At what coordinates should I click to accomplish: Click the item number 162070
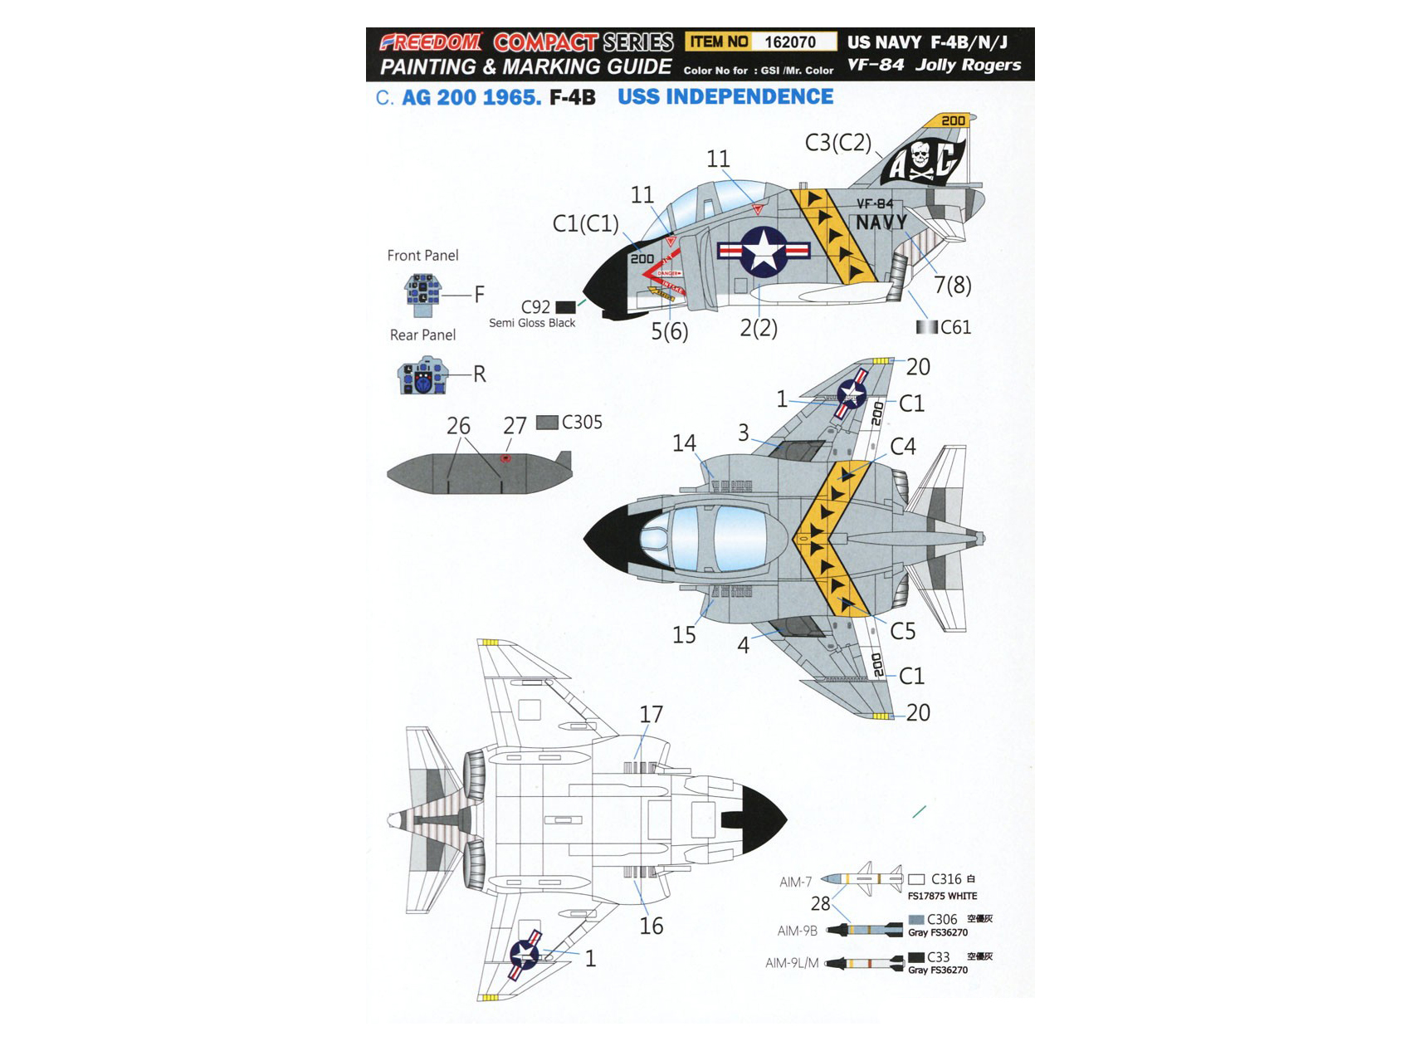(x=789, y=42)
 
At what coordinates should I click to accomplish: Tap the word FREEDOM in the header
(x=431, y=42)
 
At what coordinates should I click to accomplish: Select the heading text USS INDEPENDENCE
(x=725, y=97)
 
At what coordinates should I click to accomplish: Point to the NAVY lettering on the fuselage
(x=881, y=222)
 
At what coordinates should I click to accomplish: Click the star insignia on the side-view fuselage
(x=764, y=251)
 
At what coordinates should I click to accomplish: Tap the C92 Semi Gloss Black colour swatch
(x=565, y=307)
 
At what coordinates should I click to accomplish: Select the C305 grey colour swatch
(x=547, y=423)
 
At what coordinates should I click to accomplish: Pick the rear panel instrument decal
(x=423, y=376)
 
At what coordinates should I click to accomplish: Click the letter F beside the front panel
(x=479, y=294)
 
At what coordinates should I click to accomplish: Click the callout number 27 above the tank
(x=515, y=426)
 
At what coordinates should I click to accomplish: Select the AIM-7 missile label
(x=795, y=882)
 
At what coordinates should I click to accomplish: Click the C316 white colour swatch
(x=916, y=879)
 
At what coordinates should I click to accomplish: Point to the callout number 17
(x=651, y=715)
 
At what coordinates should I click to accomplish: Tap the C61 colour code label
(x=955, y=327)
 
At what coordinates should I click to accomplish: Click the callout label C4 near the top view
(x=902, y=447)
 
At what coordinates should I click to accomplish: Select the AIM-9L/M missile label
(x=791, y=963)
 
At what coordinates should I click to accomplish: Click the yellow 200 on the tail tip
(x=952, y=121)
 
